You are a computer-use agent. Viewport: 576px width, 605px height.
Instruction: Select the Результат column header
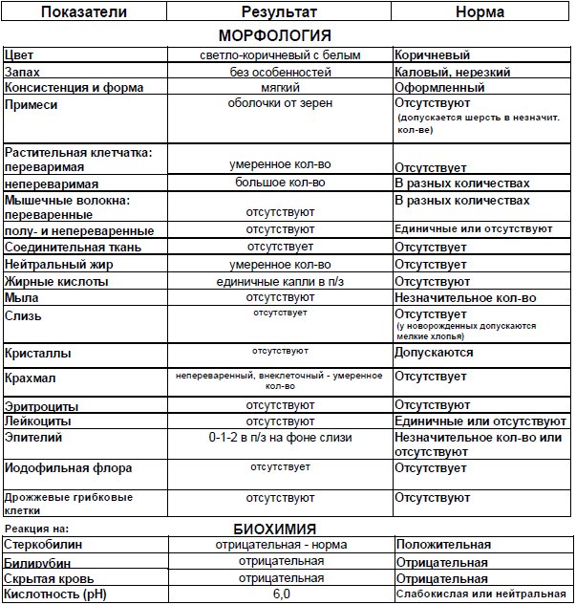(280, 13)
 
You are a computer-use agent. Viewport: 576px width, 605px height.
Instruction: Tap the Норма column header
(481, 13)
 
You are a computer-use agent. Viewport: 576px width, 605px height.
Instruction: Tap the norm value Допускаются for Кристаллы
(434, 353)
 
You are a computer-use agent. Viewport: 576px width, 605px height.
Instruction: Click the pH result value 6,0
(280, 594)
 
